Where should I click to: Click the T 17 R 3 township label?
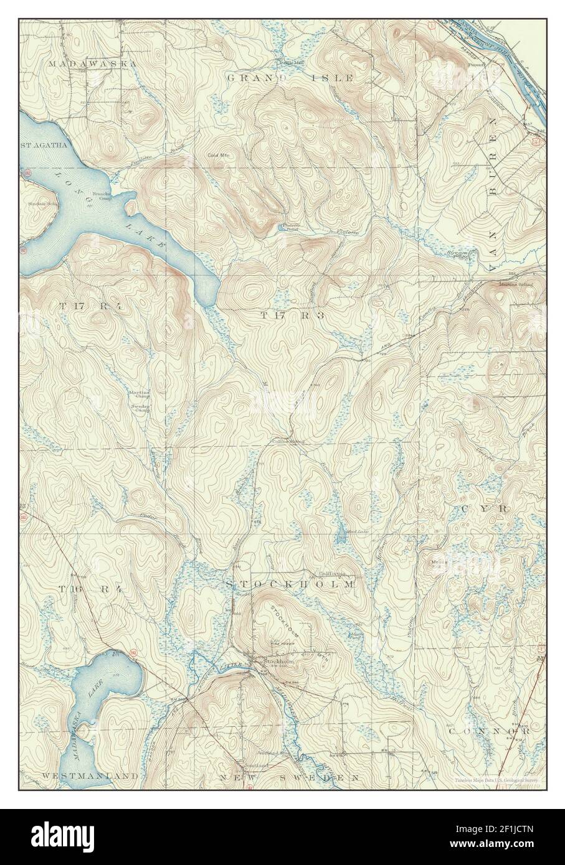[x=293, y=316]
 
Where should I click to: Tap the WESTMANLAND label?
[x=90, y=777]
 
